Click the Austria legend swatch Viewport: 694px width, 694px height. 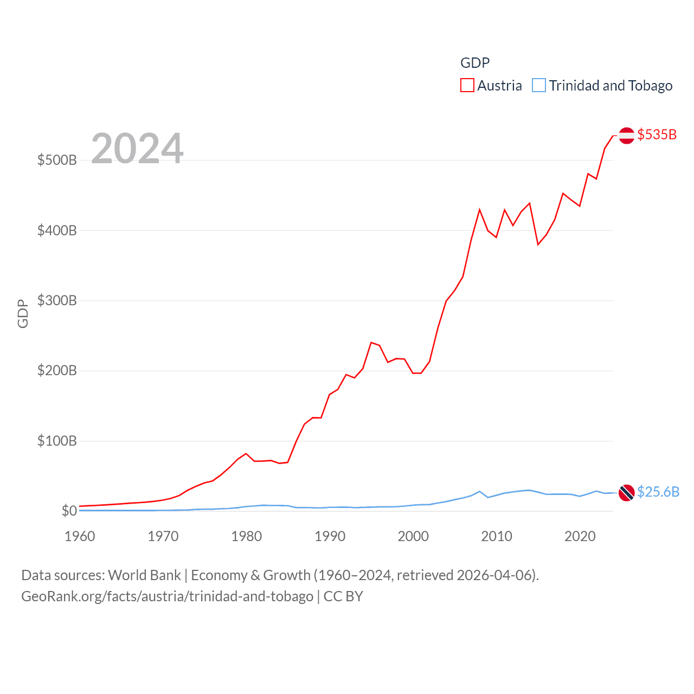pyautogui.click(x=467, y=86)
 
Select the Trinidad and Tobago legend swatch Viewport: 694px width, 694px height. pyautogui.click(x=538, y=86)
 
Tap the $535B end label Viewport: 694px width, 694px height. pyautogui.click(x=657, y=134)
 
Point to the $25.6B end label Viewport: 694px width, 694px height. pyautogui.click(x=658, y=492)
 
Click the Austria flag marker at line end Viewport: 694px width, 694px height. pyautogui.click(x=626, y=136)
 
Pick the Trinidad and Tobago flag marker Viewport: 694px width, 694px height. pyautogui.click(x=626, y=493)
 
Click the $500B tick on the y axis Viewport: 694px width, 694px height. pyautogui.click(x=57, y=160)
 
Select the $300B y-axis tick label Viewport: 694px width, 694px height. pyautogui.click(x=57, y=300)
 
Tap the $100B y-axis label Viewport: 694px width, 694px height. pyautogui.click(x=57, y=441)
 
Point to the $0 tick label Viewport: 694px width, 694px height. pyautogui.click(x=69, y=511)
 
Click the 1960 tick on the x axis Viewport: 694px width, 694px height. pyautogui.click(x=80, y=536)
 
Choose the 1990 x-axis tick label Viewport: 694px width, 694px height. pyautogui.click(x=330, y=536)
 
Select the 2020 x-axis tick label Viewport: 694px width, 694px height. pyautogui.click(x=580, y=536)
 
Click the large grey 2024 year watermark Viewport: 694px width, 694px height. pyautogui.click(x=137, y=149)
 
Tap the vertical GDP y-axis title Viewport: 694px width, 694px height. pyautogui.click(x=23, y=313)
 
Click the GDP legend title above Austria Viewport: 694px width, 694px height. pyautogui.click(x=475, y=63)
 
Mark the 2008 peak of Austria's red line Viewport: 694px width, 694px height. pyautogui.click(x=479, y=209)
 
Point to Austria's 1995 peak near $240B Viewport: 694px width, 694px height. pyautogui.click(x=371, y=342)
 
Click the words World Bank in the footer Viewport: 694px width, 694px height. pyautogui.click(x=145, y=575)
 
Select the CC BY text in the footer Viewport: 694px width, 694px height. pyautogui.click(x=343, y=596)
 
